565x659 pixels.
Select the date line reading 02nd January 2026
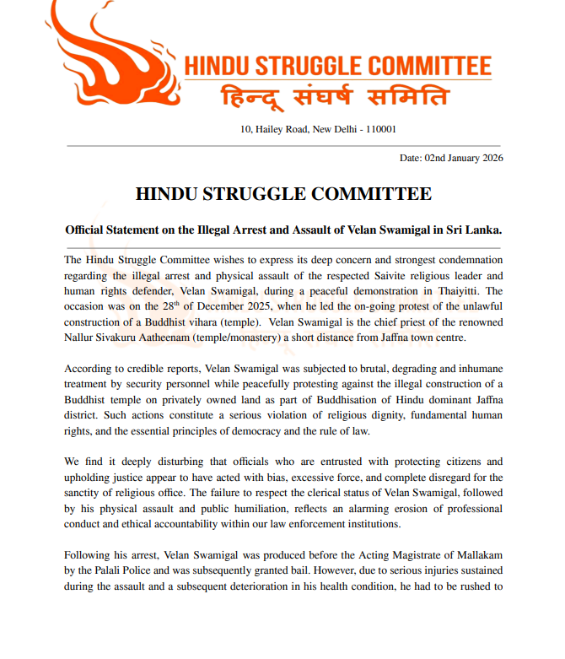pos(452,158)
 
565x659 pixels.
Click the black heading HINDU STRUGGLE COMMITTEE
pos(283,194)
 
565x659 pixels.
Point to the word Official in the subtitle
pos(89,230)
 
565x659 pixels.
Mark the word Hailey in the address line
pos(271,130)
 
